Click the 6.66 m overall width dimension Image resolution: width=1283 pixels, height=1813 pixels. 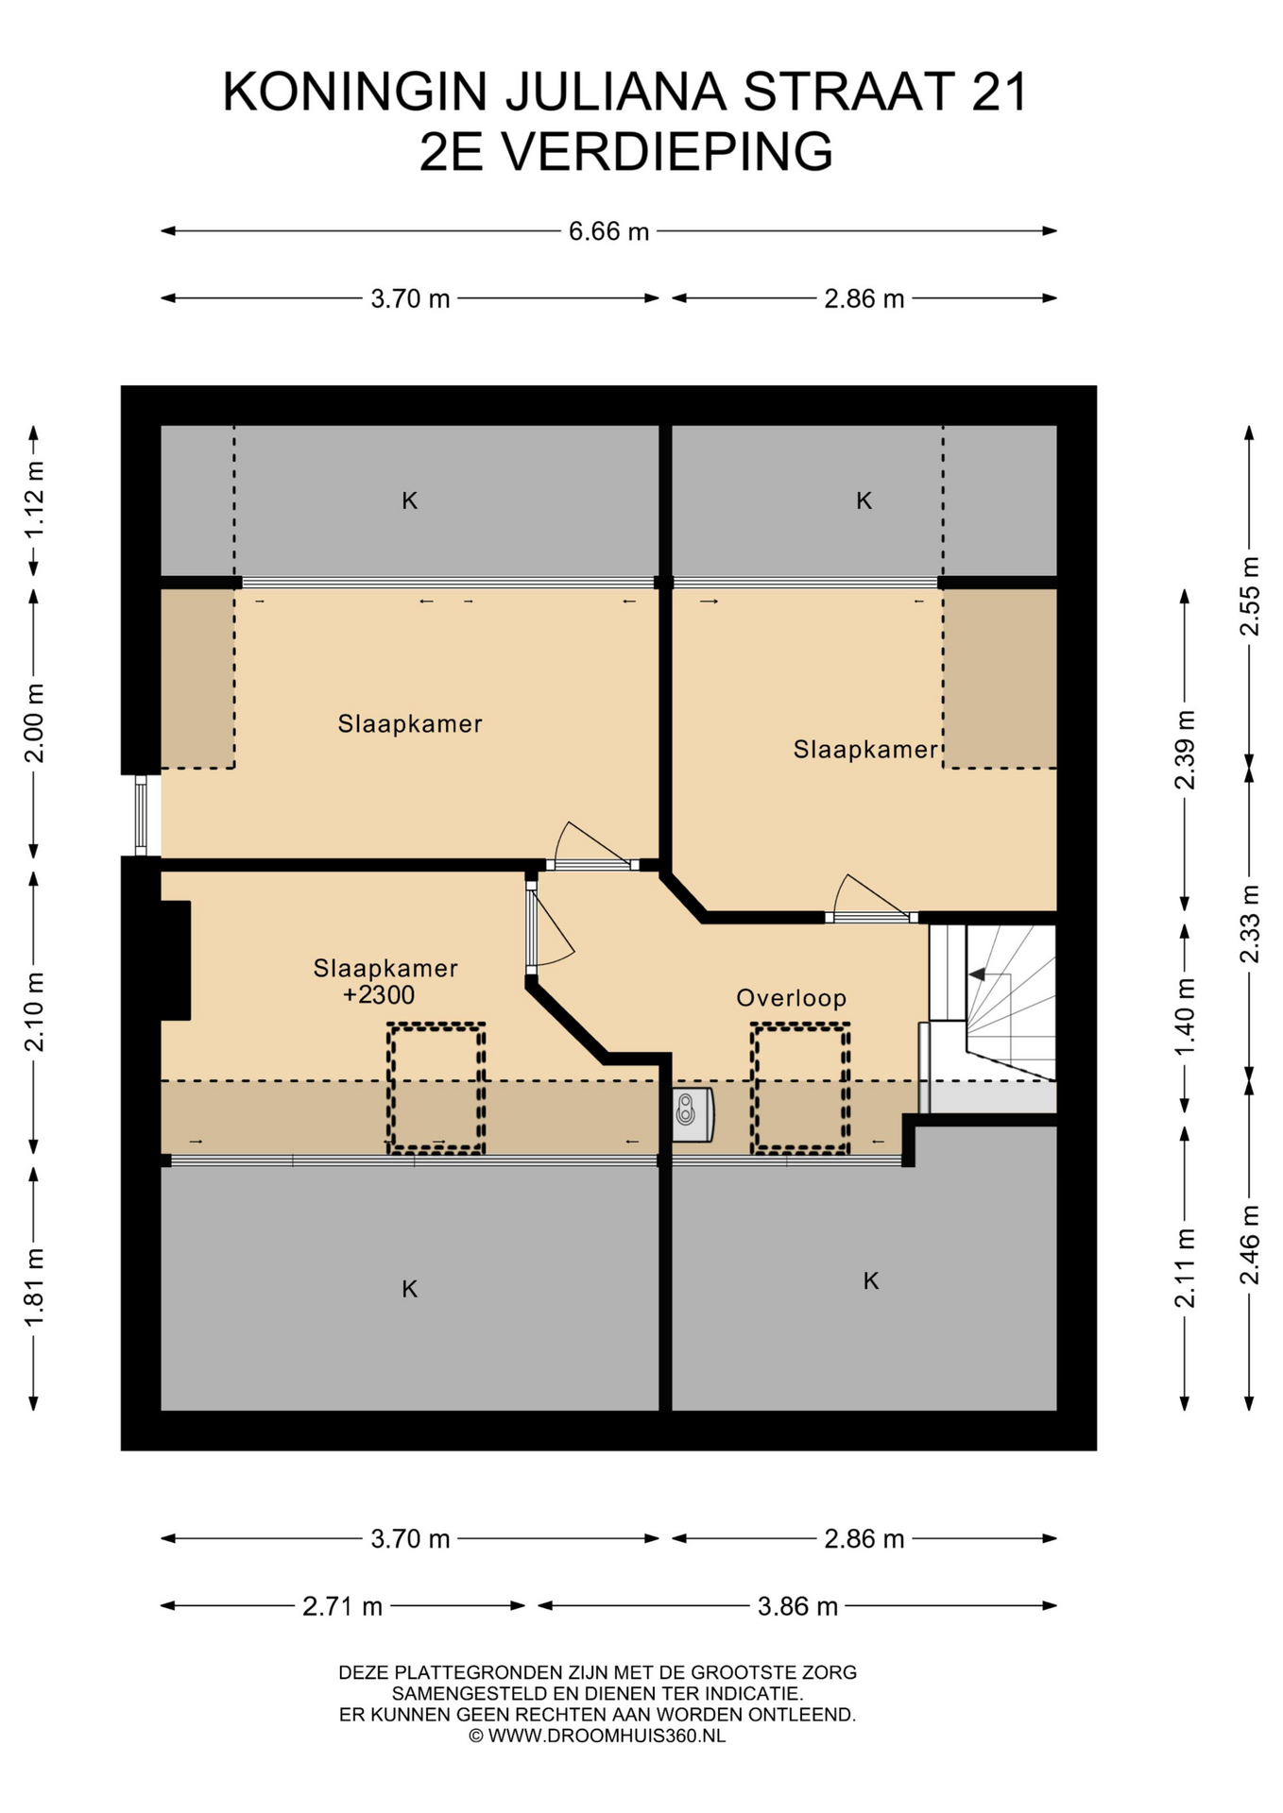coord(608,231)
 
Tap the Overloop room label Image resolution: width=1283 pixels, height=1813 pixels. coord(792,998)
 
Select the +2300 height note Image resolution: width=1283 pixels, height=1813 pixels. coord(379,994)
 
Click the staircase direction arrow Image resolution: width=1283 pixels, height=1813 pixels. coord(977,974)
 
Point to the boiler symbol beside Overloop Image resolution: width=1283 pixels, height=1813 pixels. coord(693,1114)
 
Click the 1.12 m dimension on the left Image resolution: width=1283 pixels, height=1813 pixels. coord(34,500)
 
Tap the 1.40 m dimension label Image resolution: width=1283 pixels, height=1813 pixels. coord(1185,1017)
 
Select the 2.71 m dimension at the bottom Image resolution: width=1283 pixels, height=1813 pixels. coord(342,1606)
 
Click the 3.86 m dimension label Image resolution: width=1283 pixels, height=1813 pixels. coord(797,1606)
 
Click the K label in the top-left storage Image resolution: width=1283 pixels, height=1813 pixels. coord(410,500)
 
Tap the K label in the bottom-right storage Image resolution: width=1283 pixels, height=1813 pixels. coord(871,1280)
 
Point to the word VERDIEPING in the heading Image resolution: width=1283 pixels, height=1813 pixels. coord(666,151)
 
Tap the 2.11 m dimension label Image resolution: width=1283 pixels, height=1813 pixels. coord(1185,1268)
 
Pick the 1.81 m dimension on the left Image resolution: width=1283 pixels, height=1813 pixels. coord(34,1287)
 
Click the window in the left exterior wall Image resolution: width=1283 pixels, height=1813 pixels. coord(141,816)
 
